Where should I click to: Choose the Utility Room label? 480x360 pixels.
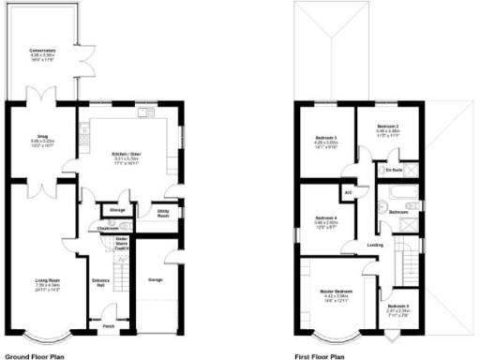click(x=163, y=214)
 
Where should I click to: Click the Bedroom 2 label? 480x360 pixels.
click(x=388, y=126)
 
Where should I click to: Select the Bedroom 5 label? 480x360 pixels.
click(x=397, y=307)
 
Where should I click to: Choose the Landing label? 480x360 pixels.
click(x=374, y=247)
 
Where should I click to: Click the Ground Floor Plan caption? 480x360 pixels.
click(x=35, y=356)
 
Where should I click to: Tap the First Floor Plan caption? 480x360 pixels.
click(x=321, y=356)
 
